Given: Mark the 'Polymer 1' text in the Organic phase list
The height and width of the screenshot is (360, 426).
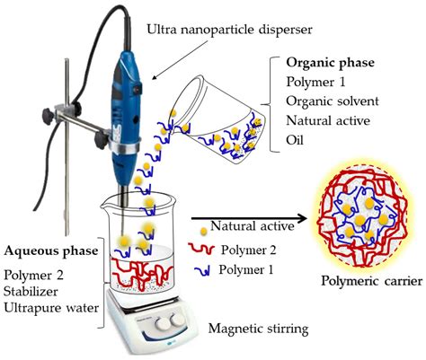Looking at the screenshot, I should coord(310,85).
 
